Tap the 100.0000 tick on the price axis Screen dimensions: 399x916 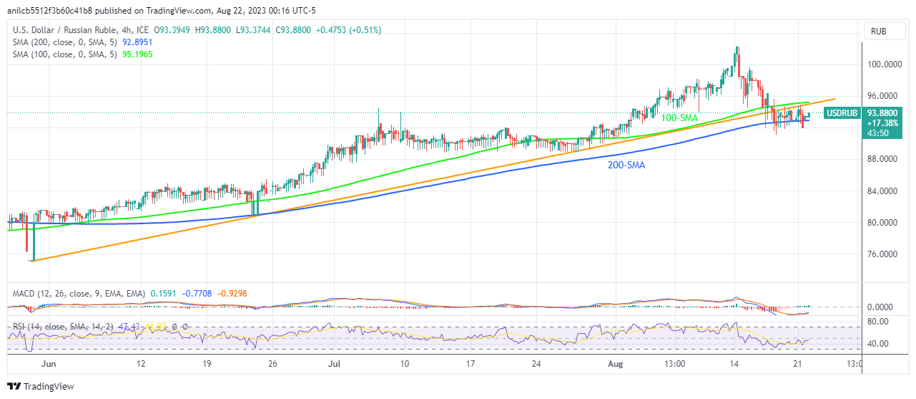[884, 64]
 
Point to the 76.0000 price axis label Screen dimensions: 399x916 [884, 254]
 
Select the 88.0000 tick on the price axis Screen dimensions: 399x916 [884, 159]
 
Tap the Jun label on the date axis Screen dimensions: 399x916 [49, 364]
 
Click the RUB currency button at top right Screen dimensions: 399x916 [880, 31]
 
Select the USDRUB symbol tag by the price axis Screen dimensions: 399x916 [842, 112]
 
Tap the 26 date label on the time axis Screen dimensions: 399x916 [273, 364]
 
